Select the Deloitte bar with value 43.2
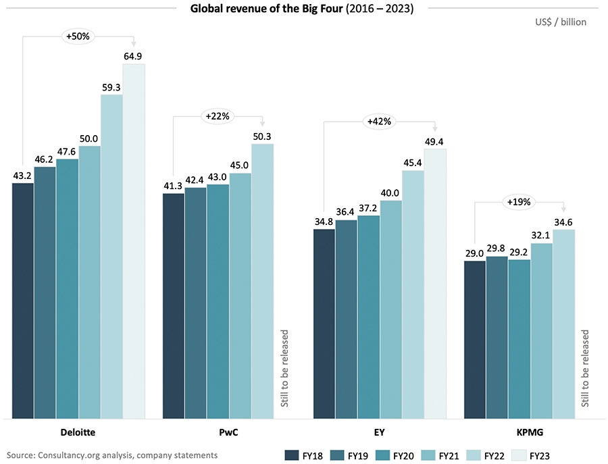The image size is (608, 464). coord(23,300)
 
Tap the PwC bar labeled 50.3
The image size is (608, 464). coord(263,280)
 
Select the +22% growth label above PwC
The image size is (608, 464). coord(218,116)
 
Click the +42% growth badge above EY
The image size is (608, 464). coord(379,122)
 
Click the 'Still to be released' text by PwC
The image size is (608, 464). coord(284,369)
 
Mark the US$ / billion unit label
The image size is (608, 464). coord(560,22)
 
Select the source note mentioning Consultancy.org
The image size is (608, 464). coord(111,455)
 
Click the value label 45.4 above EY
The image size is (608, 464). coord(413,162)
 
